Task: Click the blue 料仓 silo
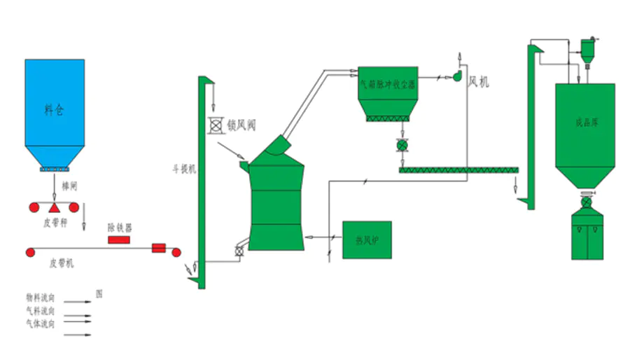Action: (55, 109)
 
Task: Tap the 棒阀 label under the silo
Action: (68, 188)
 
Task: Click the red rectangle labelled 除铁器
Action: (119, 240)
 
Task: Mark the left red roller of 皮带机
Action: (30, 252)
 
